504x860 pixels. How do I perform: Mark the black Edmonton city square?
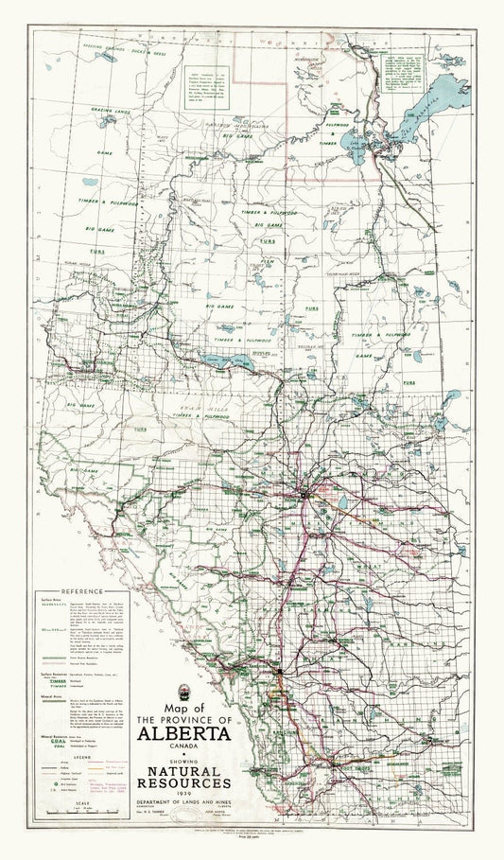point(304,494)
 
